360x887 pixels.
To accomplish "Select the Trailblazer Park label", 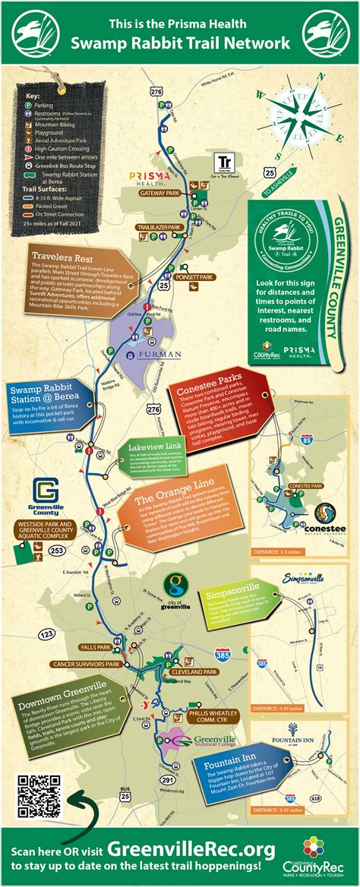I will [x=158, y=227].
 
